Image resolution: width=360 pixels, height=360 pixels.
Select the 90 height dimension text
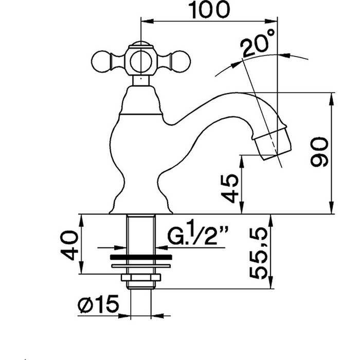click(x=320, y=153)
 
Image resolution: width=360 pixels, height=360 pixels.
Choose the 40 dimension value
click(x=70, y=245)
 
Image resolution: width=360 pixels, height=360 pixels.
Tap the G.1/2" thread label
click(x=197, y=238)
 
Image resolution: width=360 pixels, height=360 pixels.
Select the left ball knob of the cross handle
click(x=100, y=62)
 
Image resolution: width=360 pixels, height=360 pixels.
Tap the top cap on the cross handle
click(x=140, y=43)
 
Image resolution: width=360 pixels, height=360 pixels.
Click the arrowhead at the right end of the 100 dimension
click(x=275, y=21)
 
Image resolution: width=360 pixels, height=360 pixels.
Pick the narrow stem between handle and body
click(x=140, y=80)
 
